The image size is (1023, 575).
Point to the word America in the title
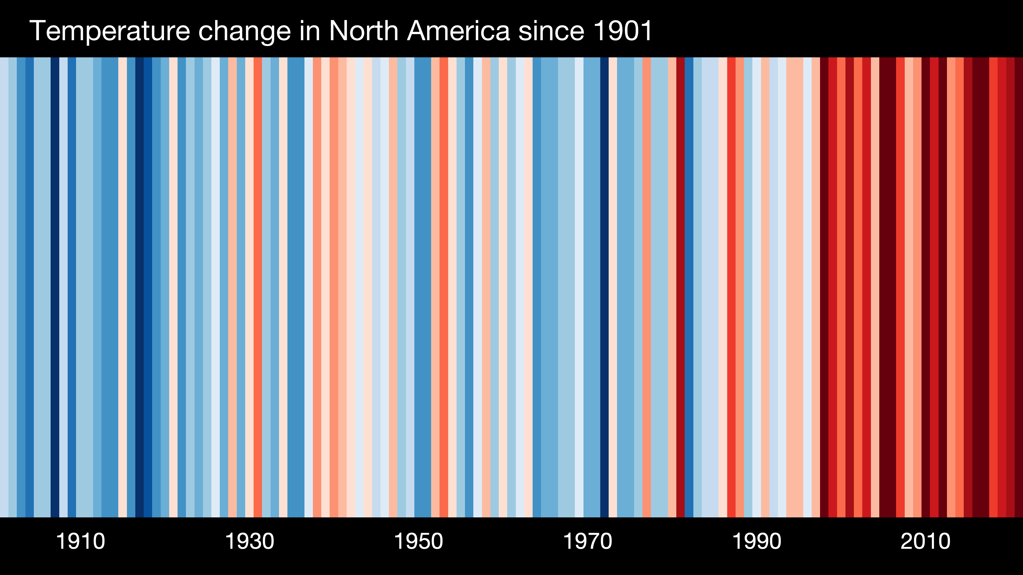[458, 31]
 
